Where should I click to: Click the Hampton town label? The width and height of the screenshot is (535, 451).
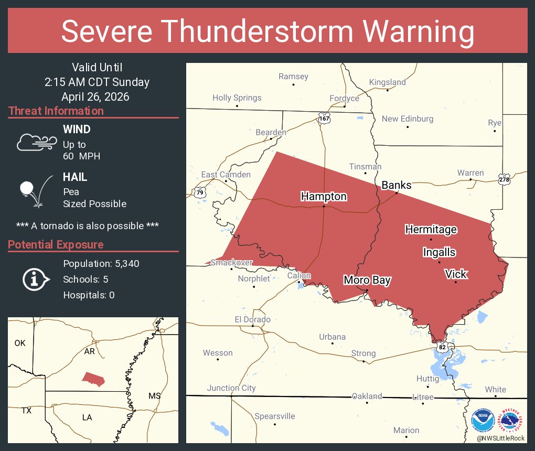324,196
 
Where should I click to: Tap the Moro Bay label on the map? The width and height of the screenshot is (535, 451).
367,280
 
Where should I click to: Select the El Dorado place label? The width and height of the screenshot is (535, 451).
252,319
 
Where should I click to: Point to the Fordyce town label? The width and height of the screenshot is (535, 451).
344,98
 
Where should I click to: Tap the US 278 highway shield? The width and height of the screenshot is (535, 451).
505,179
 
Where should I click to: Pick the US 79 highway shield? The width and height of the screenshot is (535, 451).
199,192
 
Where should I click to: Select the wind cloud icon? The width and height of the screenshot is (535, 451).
35,142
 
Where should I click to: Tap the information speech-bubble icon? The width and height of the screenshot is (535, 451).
35,279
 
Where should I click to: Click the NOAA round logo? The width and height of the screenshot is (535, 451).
483,421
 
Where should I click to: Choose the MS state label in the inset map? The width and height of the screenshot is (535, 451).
154,395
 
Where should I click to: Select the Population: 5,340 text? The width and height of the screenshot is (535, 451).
101,263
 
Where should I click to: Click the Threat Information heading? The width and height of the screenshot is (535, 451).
56,111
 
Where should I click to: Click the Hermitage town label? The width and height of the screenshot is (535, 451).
431,229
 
